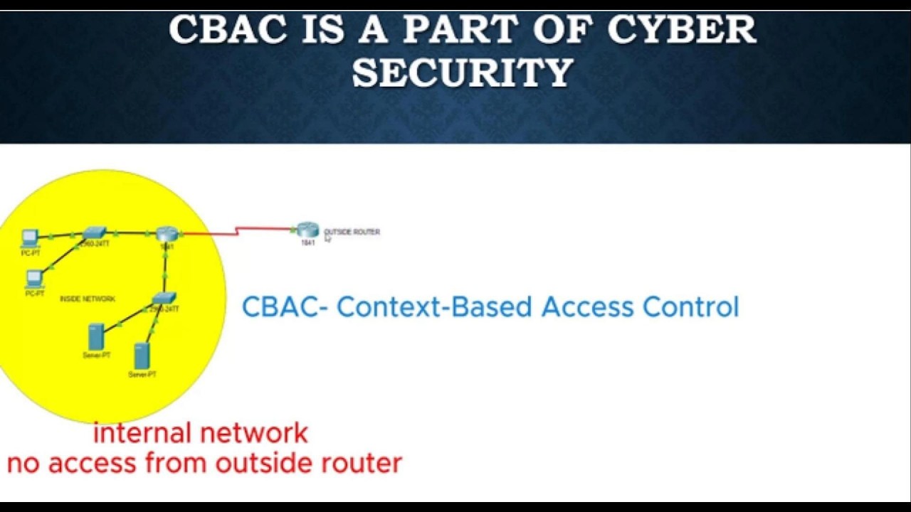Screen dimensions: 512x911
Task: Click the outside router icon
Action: point(307,230)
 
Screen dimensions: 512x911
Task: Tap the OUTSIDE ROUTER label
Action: point(352,232)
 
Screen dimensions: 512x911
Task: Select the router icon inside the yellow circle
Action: point(167,234)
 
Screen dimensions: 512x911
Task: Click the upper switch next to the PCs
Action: point(94,233)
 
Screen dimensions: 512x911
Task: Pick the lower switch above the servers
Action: point(164,298)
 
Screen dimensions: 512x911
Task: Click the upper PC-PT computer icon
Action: point(30,238)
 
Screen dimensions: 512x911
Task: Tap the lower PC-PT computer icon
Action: point(34,278)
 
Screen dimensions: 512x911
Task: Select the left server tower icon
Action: point(96,336)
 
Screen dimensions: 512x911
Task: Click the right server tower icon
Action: point(142,356)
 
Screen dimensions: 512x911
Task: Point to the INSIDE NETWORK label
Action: point(88,299)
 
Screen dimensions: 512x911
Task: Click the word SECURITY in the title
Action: point(463,73)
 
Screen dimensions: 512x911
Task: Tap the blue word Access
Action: point(588,307)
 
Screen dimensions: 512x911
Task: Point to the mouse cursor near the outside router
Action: point(328,240)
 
